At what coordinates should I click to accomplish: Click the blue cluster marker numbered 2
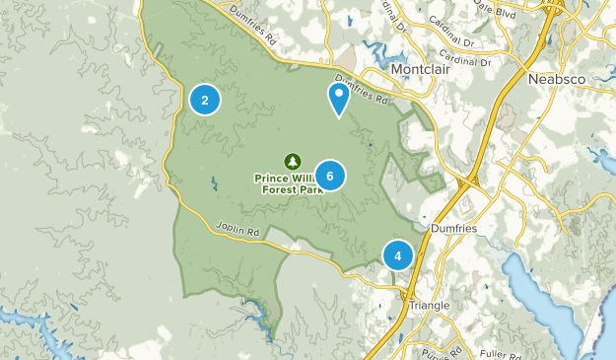pos(205,100)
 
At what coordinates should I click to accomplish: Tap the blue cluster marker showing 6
pos(330,176)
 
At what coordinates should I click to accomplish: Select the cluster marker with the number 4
pos(398,255)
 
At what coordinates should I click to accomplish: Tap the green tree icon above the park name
pos(292,161)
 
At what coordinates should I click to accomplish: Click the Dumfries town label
pos(454,226)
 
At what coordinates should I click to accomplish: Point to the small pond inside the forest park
pos(214,182)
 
